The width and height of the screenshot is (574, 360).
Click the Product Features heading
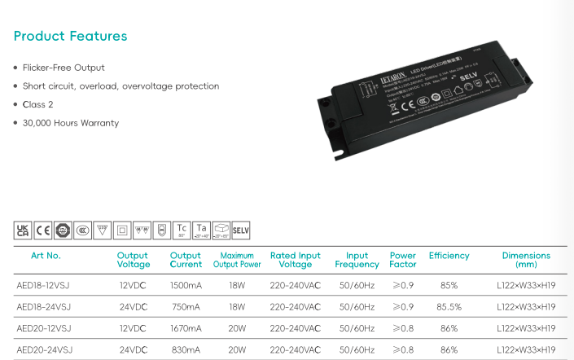[x=71, y=37]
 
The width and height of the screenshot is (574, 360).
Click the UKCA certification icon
[x=24, y=230]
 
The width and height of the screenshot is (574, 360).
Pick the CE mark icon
[x=43, y=230]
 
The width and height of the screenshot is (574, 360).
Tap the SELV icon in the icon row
[x=241, y=230]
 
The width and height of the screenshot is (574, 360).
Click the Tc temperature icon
[x=182, y=230]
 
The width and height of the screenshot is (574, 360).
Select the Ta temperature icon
[x=202, y=230]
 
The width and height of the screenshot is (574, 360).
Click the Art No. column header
[x=46, y=256]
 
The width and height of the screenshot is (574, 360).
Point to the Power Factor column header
[x=403, y=260]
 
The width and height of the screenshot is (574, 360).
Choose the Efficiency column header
[x=449, y=256]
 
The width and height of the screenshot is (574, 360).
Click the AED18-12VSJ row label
[x=44, y=286]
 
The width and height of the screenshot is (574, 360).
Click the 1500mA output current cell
[x=186, y=286]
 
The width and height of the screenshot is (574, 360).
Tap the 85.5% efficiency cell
[x=449, y=307]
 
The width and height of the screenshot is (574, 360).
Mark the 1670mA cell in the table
[x=186, y=329]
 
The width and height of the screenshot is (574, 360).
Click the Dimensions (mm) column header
[x=526, y=260]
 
